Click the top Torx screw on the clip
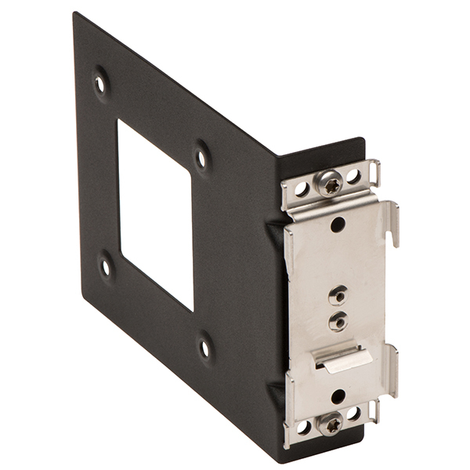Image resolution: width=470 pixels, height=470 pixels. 330,183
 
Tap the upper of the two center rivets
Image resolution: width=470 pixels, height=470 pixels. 338,295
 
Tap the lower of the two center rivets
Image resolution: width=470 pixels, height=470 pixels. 338,320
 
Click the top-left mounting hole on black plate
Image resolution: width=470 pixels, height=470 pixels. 99,81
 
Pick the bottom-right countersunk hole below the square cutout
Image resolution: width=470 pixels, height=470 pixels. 204,345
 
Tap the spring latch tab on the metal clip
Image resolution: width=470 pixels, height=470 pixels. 342,360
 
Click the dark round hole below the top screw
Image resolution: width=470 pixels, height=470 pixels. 338,225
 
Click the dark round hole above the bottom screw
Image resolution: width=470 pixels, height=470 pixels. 338,396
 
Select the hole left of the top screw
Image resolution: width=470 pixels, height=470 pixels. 302,189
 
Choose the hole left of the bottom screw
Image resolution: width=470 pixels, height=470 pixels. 302,427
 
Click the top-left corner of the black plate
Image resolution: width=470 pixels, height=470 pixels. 77,16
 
